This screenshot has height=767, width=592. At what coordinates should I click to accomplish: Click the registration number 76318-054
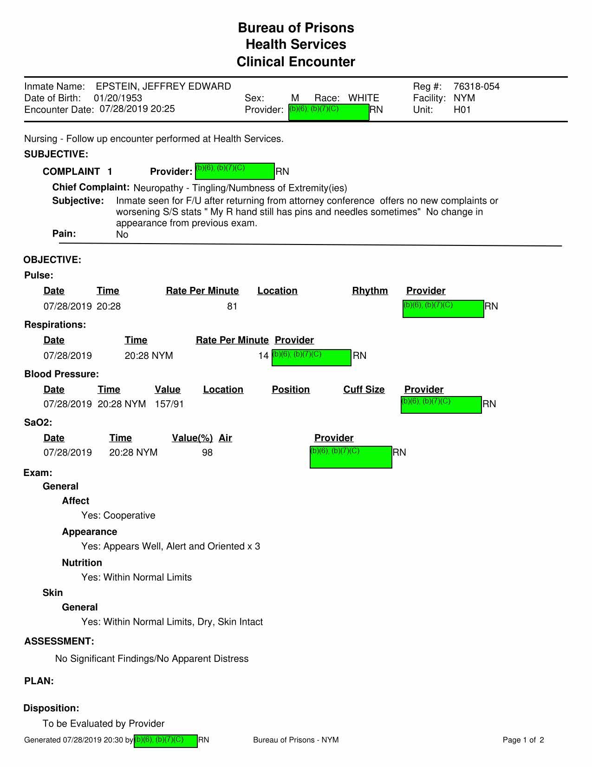(x=476, y=86)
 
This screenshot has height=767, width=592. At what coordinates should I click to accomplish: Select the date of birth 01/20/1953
(x=118, y=98)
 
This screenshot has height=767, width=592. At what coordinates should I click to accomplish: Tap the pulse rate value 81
(x=232, y=306)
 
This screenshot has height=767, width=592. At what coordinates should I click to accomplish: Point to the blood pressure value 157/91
(x=169, y=404)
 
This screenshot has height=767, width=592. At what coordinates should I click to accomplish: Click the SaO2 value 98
(x=207, y=452)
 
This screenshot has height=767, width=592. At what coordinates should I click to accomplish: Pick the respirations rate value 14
(x=263, y=356)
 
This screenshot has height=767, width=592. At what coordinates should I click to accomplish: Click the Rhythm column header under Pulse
(x=370, y=291)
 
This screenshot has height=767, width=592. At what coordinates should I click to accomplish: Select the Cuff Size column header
(x=364, y=390)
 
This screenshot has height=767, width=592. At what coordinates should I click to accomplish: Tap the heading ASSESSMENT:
(x=59, y=641)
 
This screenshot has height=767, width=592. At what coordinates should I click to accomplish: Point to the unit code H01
(x=462, y=110)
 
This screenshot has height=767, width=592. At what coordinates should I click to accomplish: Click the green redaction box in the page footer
(x=166, y=741)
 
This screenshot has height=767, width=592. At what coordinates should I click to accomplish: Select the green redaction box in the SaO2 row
(x=351, y=457)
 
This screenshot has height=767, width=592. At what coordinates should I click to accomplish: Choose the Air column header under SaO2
(x=225, y=438)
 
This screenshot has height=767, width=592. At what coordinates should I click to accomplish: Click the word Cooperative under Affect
(x=129, y=516)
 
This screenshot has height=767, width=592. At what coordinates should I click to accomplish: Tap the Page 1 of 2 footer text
(x=523, y=740)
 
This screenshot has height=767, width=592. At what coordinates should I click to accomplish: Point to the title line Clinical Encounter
(x=296, y=62)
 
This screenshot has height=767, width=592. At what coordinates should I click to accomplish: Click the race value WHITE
(x=364, y=98)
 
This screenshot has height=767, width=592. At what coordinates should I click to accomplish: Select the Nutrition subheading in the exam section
(x=82, y=563)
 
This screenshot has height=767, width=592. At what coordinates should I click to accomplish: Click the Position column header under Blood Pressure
(x=291, y=390)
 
